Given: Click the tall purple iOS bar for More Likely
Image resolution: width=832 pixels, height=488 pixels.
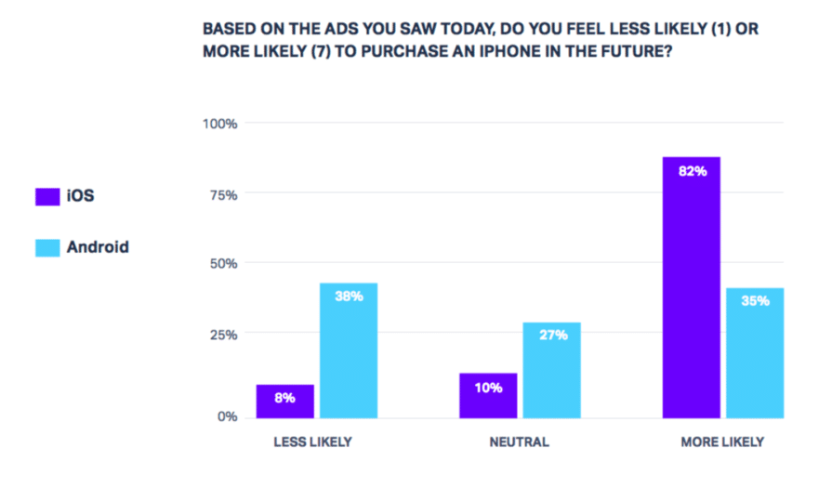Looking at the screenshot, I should tap(691, 287).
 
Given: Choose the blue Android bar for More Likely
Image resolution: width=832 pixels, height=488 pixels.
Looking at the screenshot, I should tap(755, 353).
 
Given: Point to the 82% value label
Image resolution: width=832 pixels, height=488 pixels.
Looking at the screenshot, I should tap(692, 171).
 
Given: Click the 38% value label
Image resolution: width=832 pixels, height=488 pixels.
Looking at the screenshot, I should tap(350, 297).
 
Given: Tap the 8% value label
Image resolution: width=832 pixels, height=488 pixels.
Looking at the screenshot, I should tap(284, 398).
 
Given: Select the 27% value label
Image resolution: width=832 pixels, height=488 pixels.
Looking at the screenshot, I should tap(553, 336).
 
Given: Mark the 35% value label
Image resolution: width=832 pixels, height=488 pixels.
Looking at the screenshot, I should tap(755, 301).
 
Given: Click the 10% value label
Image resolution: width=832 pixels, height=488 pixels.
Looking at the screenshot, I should tap(488, 387).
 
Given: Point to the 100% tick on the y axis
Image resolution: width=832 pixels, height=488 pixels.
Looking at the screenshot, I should tap(221, 124).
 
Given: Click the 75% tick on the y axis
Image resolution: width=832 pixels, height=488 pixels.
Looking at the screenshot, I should tap(224, 194).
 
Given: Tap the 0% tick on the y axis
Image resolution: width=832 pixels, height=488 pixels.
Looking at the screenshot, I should tap(228, 416).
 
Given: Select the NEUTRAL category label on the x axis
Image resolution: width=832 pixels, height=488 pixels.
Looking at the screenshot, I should tap(519, 442).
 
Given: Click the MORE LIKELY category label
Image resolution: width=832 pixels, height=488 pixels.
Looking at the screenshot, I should tap(722, 442).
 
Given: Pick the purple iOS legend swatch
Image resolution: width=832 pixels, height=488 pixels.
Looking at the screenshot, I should tap(47, 196).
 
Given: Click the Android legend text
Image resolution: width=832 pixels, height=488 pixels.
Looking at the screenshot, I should tap(98, 247).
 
